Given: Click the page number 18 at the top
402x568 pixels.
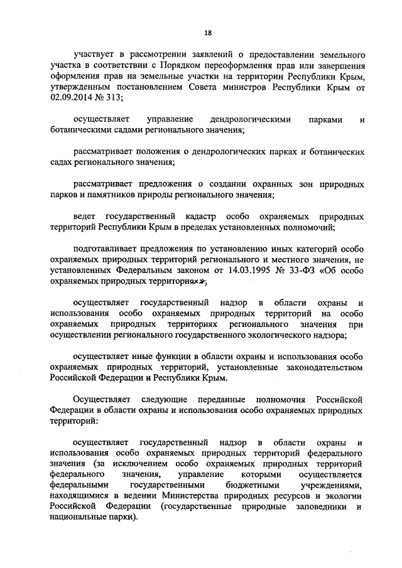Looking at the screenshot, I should (x=207, y=33).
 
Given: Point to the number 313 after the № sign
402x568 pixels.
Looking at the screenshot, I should (x=114, y=97).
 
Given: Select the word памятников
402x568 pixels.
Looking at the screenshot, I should (x=113, y=195).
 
